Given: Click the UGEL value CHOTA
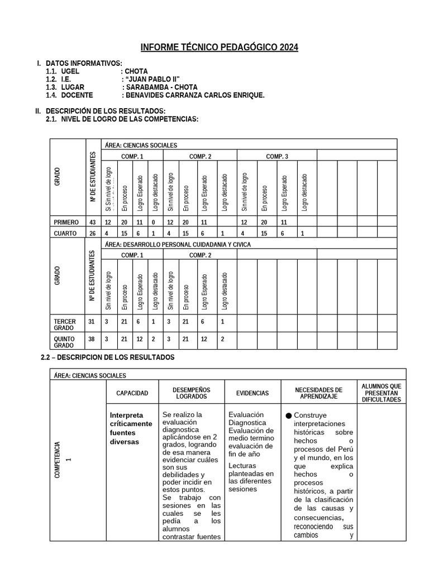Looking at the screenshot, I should (137, 71).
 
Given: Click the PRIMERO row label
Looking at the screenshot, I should (66, 222).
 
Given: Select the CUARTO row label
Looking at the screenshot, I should (65, 233).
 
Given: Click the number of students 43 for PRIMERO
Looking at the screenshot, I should (92, 222).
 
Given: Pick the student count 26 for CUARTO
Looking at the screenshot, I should (92, 233).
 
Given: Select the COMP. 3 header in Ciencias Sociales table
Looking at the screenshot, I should (277, 156).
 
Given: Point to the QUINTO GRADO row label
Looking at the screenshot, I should (64, 341).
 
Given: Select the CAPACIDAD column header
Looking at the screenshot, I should (132, 393).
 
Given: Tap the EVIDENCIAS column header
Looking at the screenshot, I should (252, 393).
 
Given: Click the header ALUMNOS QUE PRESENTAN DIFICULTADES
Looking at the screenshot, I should (381, 393).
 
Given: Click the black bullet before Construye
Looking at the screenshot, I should (288, 415).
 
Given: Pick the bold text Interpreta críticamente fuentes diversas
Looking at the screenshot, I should (131, 428).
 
